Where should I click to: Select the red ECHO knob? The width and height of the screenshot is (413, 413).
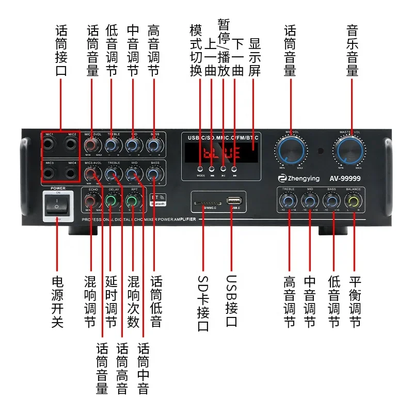(93, 202)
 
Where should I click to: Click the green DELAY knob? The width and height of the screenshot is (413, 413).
(112, 202)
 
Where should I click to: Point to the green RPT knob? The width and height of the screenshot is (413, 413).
(134, 202)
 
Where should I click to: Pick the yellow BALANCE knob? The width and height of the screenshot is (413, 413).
(354, 202)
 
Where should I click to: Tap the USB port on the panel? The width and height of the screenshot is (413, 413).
(233, 200)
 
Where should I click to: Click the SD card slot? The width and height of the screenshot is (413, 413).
(203, 203)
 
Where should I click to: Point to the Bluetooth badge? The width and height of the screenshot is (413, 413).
(157, 200)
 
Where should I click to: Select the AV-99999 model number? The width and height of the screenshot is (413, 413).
(346, 179)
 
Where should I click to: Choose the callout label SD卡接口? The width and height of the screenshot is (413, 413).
(203, 302)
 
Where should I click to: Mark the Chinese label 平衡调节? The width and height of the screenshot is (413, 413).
(355, 302)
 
